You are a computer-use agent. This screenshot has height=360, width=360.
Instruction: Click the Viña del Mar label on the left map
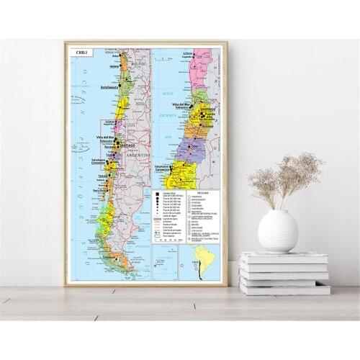(105, 138)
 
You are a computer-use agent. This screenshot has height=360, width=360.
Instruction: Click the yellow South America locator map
(199, 264)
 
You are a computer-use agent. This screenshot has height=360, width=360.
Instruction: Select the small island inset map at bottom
(165, 263)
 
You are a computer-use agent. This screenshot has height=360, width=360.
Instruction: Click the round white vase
(278, 230)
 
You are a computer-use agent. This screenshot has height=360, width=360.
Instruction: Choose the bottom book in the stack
(285, 288)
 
